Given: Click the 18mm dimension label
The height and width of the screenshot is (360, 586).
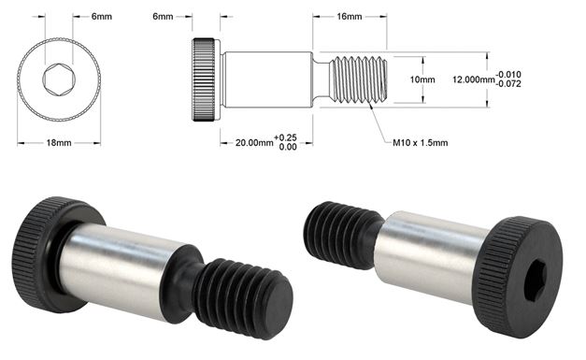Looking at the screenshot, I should (58, 142).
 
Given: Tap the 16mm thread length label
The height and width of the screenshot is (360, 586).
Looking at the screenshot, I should (350, 17).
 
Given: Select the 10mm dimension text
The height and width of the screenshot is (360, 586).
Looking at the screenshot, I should (423, 80).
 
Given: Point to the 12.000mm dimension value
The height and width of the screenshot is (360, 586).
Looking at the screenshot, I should (472, 80).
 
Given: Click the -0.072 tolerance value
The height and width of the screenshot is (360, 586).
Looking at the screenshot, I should (510, 85).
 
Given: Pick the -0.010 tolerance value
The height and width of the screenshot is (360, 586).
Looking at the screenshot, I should (510, 74).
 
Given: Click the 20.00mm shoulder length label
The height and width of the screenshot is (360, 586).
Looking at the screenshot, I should (254, 142).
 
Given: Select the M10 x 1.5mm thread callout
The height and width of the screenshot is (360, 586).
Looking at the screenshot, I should (420, 143).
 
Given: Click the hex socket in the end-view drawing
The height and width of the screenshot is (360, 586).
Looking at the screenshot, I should (58, 80).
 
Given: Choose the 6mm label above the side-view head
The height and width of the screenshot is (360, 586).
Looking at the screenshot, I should (164, 17).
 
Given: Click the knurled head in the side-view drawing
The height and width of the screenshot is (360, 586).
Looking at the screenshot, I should (207, 80).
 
